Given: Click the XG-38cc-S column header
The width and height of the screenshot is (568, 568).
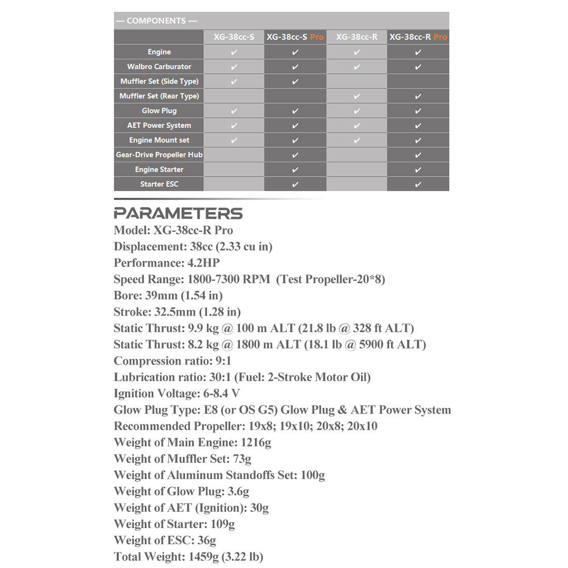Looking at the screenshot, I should tap(234, 37).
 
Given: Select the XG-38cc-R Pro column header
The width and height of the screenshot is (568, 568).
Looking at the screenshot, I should tap(418, 37).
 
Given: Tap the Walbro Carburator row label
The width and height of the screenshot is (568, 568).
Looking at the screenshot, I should tap(159, 67).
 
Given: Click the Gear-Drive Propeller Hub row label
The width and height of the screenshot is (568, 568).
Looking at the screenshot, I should tap(159, 155).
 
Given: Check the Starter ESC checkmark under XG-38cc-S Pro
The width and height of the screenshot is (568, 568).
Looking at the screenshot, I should tap(295, 184).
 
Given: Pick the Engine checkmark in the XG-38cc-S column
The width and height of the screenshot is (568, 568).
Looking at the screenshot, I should tap(234, 52).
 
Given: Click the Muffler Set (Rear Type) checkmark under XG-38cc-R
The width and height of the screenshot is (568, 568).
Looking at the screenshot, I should tap(356, 96).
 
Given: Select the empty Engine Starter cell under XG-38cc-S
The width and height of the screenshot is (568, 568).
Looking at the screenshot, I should tap(234, 169).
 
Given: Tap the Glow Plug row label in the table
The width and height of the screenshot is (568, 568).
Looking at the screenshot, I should tap(159, 111).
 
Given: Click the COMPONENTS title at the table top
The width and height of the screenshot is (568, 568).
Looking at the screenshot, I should tap(156, 21).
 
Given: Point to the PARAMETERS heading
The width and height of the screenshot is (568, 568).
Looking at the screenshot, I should tap(178, 213).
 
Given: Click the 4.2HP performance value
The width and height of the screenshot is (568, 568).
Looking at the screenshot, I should tap(203, 263).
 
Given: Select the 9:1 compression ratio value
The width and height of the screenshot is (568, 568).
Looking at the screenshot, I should tap(223, 361).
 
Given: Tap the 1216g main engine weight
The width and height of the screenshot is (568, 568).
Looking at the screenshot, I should tap(256, 443).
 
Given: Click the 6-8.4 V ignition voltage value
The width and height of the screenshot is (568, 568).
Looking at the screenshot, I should tap(222, 393).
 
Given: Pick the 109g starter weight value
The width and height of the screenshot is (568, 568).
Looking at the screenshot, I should tap(223, 524).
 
